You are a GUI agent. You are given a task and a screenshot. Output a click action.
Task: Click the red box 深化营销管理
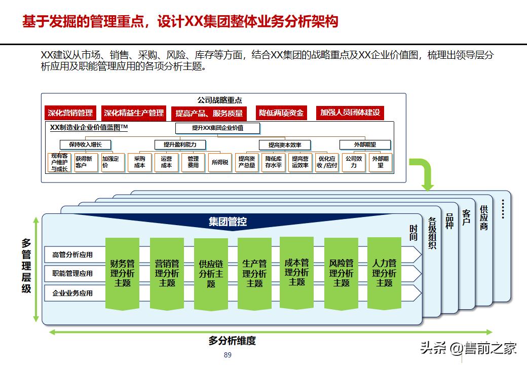coord(70,113)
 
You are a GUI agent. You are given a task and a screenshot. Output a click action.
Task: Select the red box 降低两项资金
coord(281,113)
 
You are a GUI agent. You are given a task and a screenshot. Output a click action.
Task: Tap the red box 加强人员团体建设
coord(350,113)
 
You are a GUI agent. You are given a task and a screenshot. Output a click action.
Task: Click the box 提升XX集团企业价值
coord(217,128)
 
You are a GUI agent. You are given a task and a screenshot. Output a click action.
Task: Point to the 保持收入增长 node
coord(85,144)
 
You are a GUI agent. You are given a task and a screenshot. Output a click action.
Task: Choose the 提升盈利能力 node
coord(180,144)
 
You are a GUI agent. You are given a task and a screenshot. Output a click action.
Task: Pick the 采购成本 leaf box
coord(140,162)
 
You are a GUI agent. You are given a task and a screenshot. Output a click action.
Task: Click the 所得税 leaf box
coord(220,162)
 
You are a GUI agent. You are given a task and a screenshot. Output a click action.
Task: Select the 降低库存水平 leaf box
coord(274,162)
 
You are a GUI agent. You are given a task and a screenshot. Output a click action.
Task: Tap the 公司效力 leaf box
coord(354,162)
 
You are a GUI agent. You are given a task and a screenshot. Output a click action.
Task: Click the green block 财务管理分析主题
coord(122,273)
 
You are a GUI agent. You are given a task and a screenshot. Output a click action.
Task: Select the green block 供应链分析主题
coord(211,274)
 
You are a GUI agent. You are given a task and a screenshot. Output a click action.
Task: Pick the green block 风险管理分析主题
coord(341,273)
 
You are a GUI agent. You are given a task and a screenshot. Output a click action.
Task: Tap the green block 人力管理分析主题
coord(384,273)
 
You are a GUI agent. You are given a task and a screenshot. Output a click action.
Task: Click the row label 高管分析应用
coord(72,255)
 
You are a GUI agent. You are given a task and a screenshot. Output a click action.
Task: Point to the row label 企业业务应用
coord(72,293)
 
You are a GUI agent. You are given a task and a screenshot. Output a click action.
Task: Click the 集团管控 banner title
coord(228,222)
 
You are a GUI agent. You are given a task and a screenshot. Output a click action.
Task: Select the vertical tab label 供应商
coord(484,217)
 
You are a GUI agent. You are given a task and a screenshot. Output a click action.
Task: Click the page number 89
coord(228,355)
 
